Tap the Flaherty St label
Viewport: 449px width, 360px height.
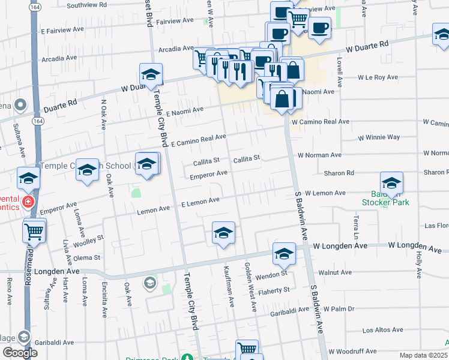(274, 290)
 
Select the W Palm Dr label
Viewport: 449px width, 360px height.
(339, 309)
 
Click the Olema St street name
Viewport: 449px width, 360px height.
(88, 257)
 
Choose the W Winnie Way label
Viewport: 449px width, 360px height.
(379, 137)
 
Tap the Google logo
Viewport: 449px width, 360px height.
(19, 353)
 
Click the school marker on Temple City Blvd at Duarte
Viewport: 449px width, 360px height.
(151, 74)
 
